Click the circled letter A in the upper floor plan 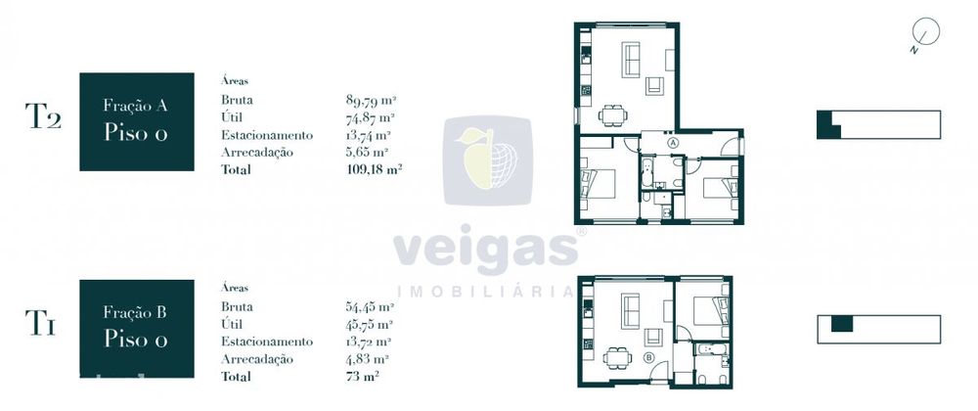coord(673,142)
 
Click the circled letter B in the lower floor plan coord(648,358)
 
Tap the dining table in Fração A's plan coord(613,115)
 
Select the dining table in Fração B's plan coord(617,357)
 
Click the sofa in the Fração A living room coord(631,60)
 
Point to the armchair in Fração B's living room coord(653,337)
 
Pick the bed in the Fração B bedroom coord(710,310)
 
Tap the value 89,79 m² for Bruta coord(371,99)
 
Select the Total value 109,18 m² coord(374,169)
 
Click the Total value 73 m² coord(363,376)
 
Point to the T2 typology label coord(43,116)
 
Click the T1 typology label coord(40,323)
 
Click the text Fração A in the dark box coord(135,106)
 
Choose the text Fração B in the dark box coord(135,312)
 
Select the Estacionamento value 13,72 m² coord(368,342)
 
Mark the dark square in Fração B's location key coord(841,324)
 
